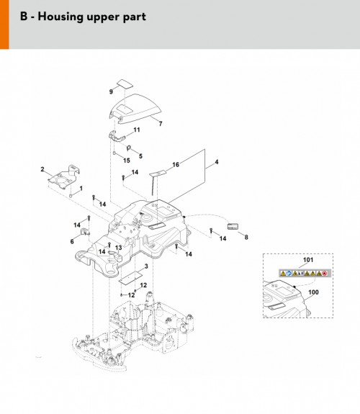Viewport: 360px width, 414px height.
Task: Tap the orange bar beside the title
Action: tap(4, 24)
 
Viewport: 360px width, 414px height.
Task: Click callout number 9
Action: tap(111, 91)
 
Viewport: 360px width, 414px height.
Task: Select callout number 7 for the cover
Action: tap(161, 123)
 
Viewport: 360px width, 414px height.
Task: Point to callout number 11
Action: tap(137, 130)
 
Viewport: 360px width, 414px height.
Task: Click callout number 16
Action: tap(176, 164)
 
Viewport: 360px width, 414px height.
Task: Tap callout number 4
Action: tap(217, 161)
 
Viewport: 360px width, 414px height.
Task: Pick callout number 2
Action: tap(42, 169)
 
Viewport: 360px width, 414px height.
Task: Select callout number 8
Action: tap(246, 237)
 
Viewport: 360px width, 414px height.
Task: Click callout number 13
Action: tap(119, 248)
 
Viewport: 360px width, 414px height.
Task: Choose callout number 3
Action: tap(146, 266)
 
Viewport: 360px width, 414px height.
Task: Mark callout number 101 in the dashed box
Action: tap(308, 260)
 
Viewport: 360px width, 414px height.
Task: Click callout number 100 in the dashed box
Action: tap(313, 292)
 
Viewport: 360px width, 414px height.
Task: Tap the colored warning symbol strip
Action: tap(305, 273)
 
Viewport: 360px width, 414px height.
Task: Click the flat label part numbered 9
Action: tap(125, 84)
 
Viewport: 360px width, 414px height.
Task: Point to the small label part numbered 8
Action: tap(233, 227)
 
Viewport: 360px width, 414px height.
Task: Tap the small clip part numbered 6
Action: tap(85, 232)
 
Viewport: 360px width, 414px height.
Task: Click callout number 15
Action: tap(127, 161)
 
